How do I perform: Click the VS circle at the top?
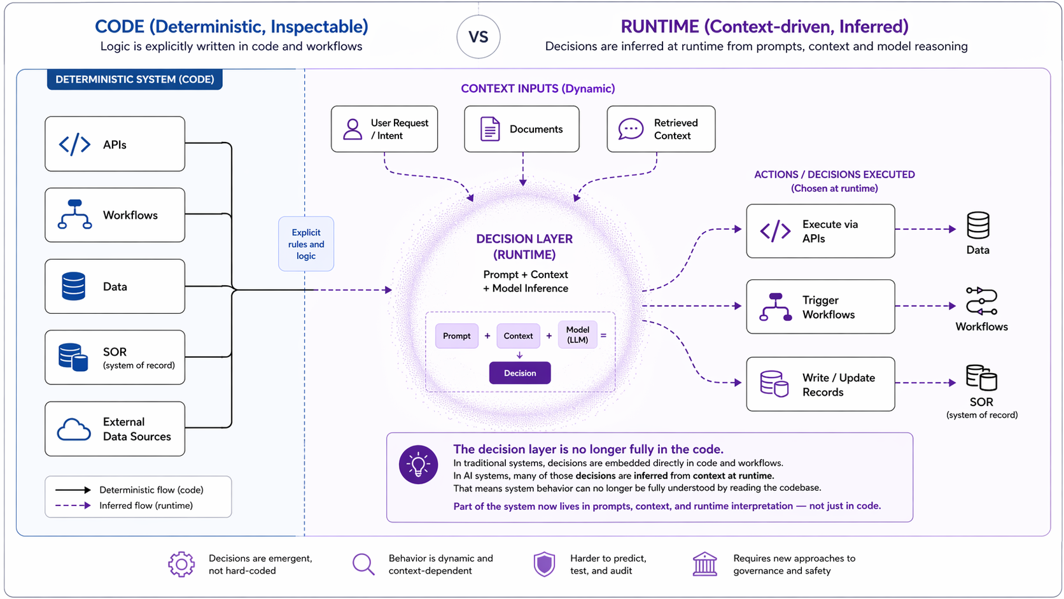click(x=478, y=37)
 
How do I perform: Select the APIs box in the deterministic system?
click(x=115, y=144)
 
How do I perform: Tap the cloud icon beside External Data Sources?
click(x=74, y=430)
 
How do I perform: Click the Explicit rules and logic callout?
click(x=305, y=244)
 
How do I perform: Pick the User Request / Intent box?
click(x=384, y=129)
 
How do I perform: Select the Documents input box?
click(x=521, y=129)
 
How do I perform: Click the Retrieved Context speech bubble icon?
click(x=631, y=129)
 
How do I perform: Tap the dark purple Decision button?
click(x=519, y=373)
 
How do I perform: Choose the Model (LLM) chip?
click(x=577, y=335)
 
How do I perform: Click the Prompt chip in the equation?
click(x=456, y=335)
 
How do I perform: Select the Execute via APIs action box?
click(x=820, y=231)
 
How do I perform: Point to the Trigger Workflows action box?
click(x=820, y=307)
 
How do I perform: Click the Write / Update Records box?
click(x=820, y=384)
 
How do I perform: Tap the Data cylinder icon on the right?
click(x=977, y=225)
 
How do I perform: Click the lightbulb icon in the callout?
click(x=418, y=465)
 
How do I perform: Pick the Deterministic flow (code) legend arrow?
click(x=73, y=490)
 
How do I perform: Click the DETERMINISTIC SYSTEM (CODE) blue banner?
click(x=134, y=80)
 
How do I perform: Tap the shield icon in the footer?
click(x=544, y=564)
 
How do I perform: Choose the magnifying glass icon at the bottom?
click(x=363, y=564)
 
